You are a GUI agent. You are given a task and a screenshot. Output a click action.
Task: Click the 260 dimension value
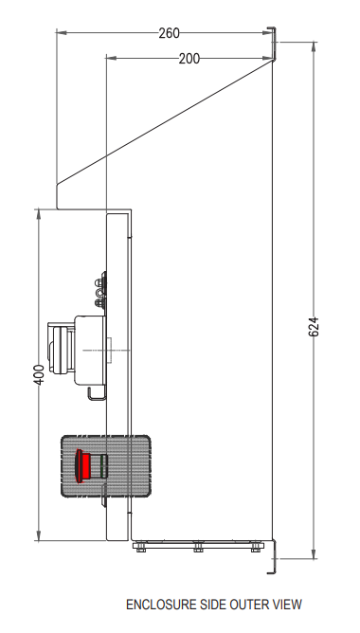pos(169,33)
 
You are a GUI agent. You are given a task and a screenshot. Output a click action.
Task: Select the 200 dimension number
pos(189,59)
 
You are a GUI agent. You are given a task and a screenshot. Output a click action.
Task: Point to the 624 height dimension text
pos(314,327)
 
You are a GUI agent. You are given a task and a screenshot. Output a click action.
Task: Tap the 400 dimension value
pos(39,374)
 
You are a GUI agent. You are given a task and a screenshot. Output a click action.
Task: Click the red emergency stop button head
pos(83,466)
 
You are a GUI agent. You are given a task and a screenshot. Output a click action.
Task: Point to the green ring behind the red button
pos(103,466)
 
